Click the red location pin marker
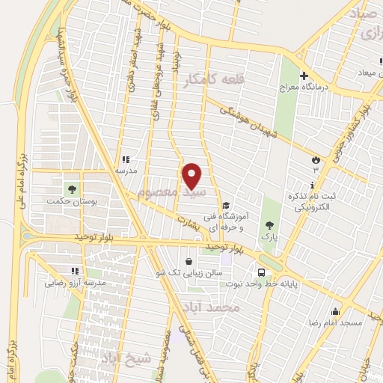point(192,176)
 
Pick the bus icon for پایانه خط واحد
point(261,272)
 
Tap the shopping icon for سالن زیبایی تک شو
point(188,262)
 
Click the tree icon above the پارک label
point(269,225)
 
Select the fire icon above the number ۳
point(316,160)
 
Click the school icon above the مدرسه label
point(125,159)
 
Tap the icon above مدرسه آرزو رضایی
point(73,271)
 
